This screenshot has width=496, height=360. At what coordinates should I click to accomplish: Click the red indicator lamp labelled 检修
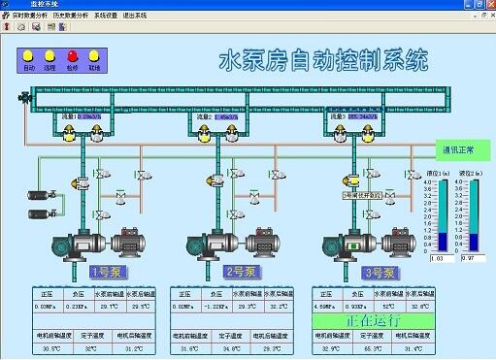[x=73, y=55]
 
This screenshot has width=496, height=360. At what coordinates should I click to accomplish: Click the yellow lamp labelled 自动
[x=28, y=55]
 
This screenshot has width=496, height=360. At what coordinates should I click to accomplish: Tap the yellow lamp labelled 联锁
[x=94, y=55]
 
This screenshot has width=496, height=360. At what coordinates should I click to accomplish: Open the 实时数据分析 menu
[x=29, y=16]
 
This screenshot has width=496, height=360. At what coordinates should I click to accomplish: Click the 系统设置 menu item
[x=118, y=16]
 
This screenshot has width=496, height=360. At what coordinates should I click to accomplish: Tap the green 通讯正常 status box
[x=459, y=150]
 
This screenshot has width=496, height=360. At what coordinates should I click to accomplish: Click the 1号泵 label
[x=104, y=272]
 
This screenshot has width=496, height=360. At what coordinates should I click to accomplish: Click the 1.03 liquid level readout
[x=437, y=257]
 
